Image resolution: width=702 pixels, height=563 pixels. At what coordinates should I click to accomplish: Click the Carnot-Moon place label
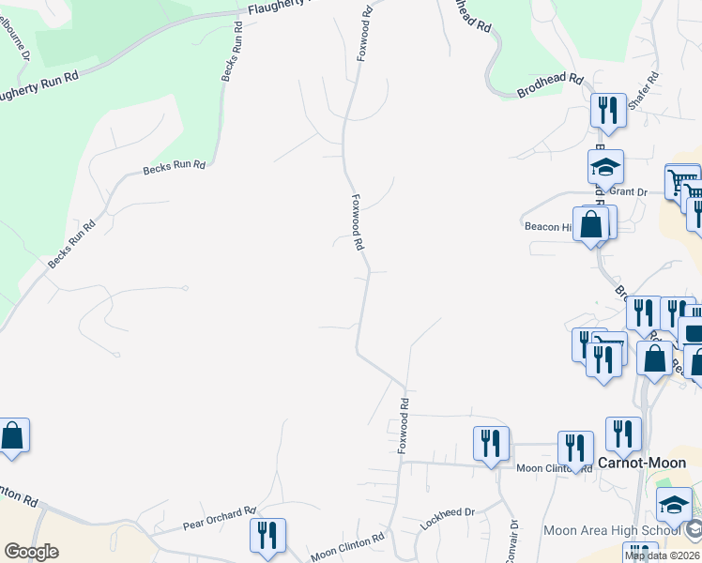(642, 462)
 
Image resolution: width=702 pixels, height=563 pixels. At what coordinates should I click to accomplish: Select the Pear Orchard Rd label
(220, 517)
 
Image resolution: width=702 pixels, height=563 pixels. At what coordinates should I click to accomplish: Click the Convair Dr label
(513, 541)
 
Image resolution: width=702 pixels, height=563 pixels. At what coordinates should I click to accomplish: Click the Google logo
(31, 551)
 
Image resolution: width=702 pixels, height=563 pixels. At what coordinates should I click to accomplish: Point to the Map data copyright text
(661, 555)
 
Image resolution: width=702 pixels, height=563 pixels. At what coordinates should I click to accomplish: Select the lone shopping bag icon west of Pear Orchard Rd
(12, 436)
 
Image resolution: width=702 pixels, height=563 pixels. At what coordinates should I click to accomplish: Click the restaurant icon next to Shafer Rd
(608, 111)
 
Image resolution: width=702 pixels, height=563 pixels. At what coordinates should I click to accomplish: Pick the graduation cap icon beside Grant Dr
(605, 168)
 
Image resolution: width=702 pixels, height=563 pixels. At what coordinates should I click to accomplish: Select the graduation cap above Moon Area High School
(674, 505)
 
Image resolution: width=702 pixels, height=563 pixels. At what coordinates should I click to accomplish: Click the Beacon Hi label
(547, 226)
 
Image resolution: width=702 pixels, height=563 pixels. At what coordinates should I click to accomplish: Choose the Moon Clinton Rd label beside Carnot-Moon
(554, 467)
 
